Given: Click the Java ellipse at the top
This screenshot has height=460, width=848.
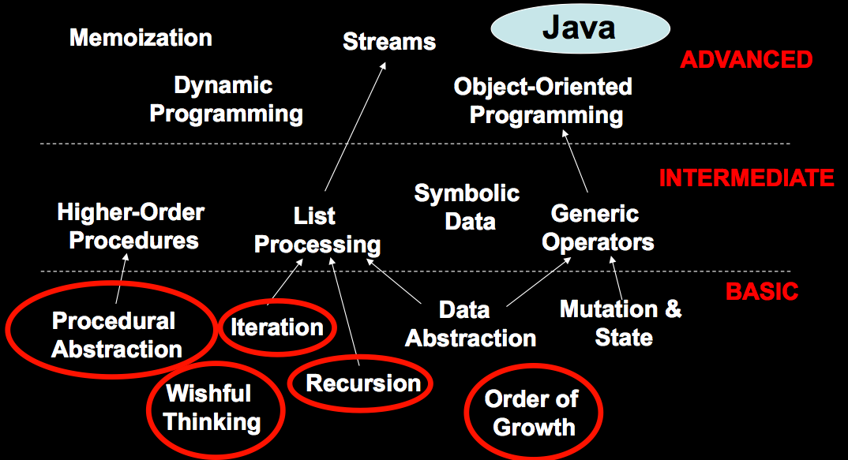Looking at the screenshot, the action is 580,28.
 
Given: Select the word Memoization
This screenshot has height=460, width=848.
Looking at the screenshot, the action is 141,38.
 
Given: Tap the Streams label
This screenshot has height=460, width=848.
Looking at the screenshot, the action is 389,42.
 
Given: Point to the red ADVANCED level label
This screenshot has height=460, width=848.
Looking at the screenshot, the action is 746,59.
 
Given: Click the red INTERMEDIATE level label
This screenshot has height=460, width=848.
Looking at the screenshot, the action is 746,178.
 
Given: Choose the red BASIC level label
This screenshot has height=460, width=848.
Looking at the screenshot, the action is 761,292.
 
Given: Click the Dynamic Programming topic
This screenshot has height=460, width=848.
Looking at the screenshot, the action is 226,100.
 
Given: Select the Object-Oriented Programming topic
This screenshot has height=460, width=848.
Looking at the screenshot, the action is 543,101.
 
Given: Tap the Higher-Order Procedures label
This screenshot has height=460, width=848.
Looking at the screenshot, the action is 131,226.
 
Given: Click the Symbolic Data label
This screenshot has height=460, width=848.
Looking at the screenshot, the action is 467,208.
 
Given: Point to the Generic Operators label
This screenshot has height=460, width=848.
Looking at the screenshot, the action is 598,228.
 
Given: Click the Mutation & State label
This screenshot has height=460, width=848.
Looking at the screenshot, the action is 621,323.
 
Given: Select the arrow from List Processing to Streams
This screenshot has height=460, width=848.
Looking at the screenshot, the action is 355,126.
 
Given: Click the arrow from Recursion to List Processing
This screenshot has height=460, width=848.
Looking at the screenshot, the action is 344,312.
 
